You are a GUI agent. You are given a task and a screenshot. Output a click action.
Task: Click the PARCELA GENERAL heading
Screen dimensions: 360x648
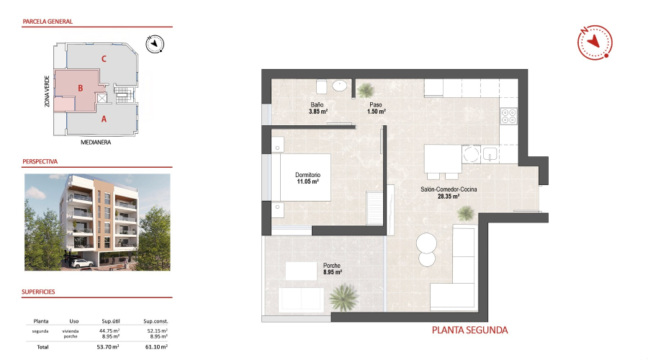[49, 22]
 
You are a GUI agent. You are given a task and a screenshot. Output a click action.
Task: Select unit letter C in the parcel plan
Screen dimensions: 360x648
[104, 59]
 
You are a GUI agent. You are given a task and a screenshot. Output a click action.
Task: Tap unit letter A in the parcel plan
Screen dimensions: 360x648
[104, 119]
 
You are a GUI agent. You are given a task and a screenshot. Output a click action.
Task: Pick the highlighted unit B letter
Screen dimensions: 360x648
[81, 89]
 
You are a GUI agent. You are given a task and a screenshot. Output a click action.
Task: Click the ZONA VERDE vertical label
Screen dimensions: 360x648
[47, 91]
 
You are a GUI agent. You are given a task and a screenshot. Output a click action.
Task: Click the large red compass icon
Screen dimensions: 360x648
[594, 42]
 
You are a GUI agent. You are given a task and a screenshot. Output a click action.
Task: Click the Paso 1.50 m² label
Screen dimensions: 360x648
[377, 109]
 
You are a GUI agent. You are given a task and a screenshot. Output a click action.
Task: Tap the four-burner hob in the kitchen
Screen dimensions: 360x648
[509, 115]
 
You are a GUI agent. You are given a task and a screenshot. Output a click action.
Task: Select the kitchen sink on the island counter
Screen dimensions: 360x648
[490, 155]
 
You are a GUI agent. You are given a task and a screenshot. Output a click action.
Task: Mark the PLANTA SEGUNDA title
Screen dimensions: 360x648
[469, 330]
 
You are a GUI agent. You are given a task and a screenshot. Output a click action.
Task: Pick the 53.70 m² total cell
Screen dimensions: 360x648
[109, 347]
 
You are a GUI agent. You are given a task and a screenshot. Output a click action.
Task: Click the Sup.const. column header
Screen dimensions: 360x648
[156, 321]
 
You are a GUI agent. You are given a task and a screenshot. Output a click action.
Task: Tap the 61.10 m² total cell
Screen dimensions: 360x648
[156, 347]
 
